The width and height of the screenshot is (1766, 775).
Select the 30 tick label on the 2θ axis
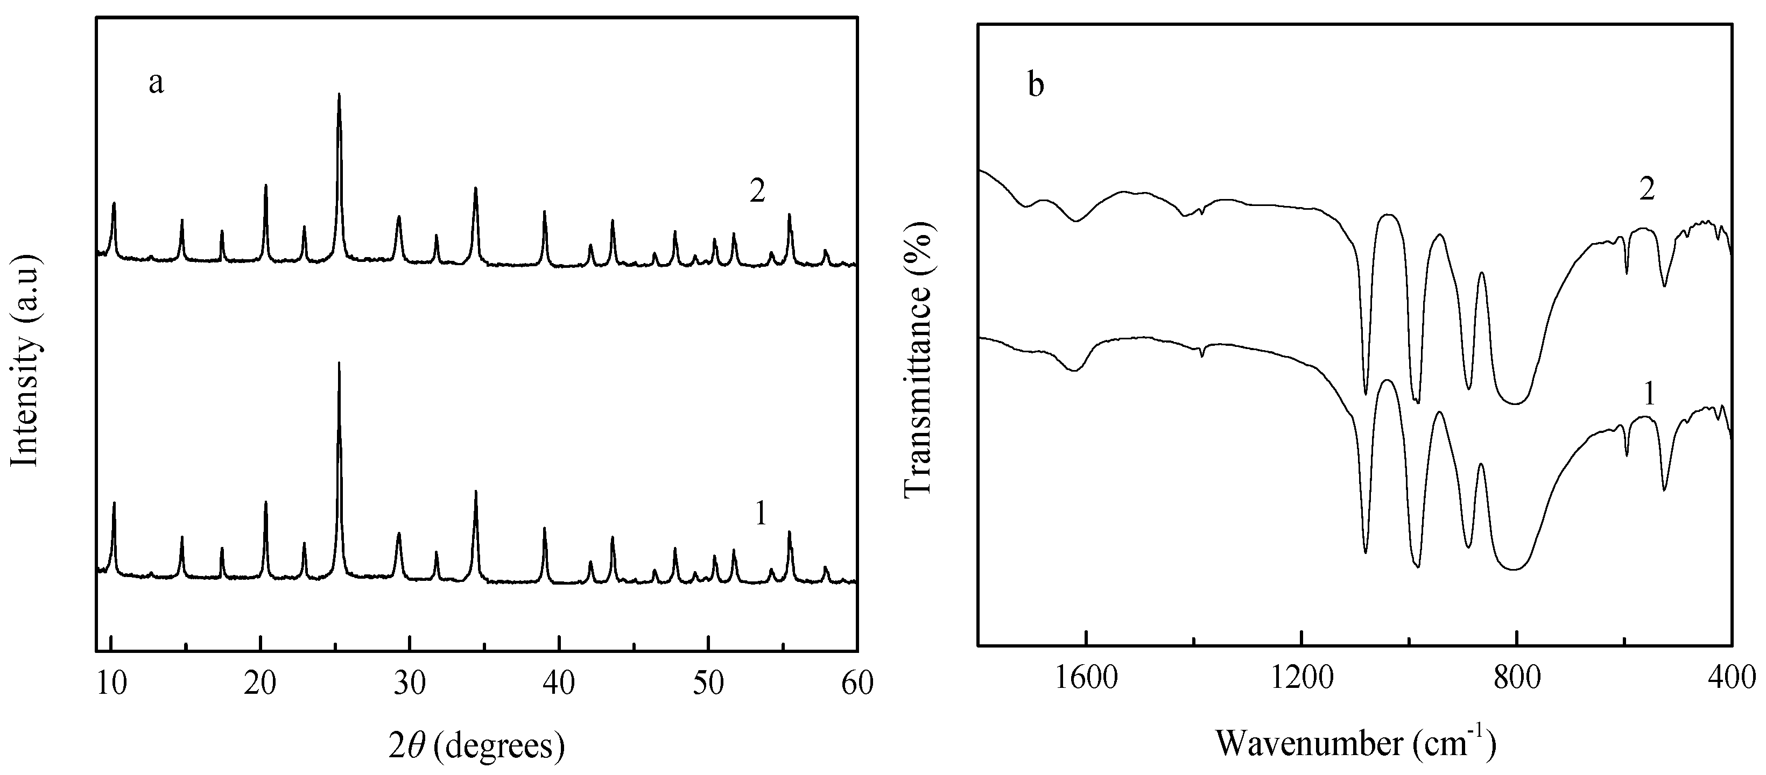pos(409,684)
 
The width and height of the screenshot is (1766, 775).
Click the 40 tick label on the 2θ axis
pos(559,684)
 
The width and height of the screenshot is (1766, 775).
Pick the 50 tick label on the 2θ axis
pos(708,684)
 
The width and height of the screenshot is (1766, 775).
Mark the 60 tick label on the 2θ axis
pos(857,684)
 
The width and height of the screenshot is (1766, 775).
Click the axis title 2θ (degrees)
pos(476,744)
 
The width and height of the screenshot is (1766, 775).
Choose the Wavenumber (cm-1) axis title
pos(1355,742)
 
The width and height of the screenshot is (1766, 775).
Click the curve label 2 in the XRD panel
pos(757,193)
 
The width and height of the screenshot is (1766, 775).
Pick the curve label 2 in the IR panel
pos(1647,190)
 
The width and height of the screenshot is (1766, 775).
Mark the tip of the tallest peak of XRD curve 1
pos(339,362)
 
